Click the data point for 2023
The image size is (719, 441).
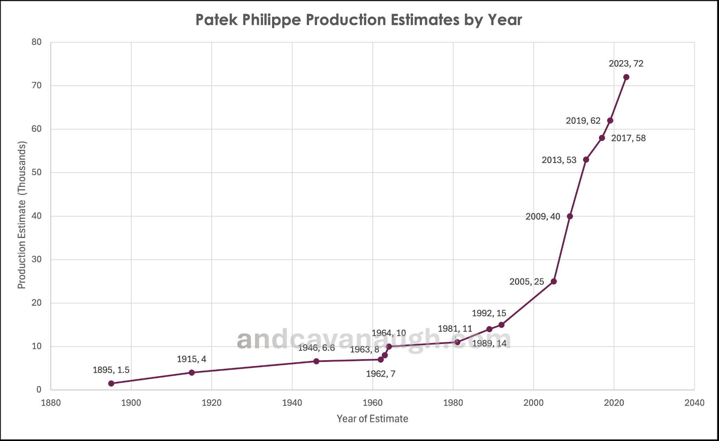point(626,77)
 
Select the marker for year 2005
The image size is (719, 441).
point(554,281)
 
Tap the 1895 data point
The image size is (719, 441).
point(111,383)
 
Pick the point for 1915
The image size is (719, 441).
point(192,372)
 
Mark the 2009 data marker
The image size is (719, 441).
point(570,216)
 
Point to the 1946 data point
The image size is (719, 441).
point(316,361)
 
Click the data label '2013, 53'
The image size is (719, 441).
point(559,160)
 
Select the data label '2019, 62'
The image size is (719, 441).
point(583,121)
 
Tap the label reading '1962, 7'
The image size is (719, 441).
point(381,374)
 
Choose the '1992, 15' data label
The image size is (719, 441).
point(489,313)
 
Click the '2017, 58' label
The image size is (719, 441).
point(628,138)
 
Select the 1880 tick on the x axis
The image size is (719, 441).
point(51,403)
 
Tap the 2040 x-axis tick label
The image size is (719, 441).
point(694,403)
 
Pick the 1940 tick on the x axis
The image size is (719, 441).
point(292,403)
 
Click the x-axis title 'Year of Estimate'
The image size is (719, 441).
point(372,419)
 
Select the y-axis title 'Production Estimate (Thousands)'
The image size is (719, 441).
point(22,215)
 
